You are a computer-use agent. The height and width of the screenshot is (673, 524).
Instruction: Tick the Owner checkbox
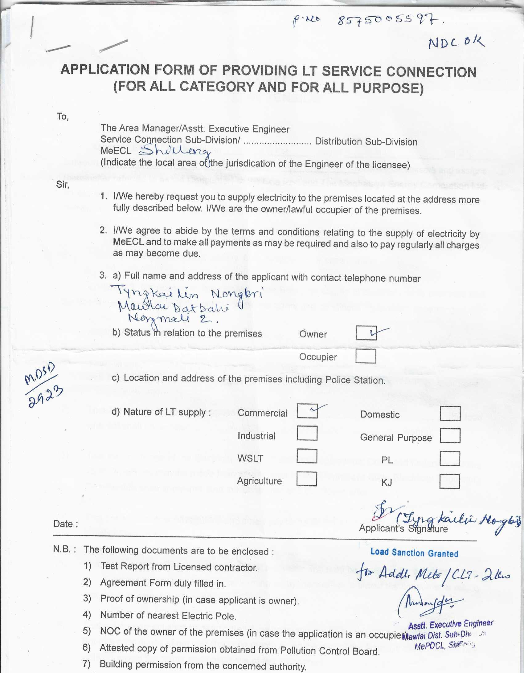[x=366, y=333]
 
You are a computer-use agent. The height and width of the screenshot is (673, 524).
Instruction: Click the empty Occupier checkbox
[x=366, y=356]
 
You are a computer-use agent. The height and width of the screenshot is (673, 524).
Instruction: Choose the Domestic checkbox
[x=450, y=414]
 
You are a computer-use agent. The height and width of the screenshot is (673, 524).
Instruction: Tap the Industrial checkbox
[x=307, y=433]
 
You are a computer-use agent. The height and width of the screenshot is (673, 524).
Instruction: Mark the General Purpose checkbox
[x=450, y=436]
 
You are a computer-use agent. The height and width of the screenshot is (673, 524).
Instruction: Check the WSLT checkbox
[x=307, y=456]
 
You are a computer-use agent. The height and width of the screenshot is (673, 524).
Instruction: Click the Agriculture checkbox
[x=307, y=479]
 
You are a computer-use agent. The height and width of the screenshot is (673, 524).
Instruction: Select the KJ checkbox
[x=450, y=482]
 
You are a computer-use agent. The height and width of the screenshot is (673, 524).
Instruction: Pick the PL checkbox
[x=450, y=459]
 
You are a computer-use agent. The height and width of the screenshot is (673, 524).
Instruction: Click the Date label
[x=65, y=524]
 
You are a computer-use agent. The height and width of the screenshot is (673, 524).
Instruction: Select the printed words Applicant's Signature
[x=403, y=529]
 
